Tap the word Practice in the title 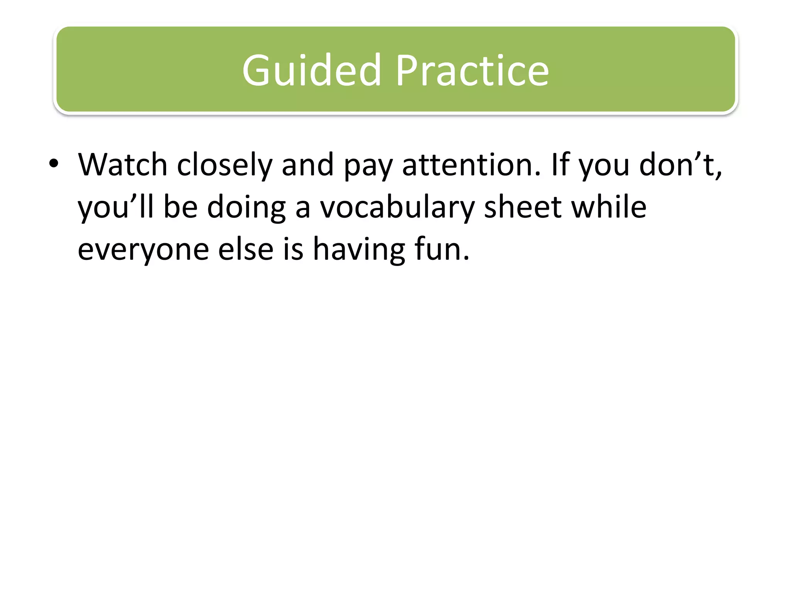472,71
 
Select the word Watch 123,165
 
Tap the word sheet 523,207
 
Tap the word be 180,207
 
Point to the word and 307,165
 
